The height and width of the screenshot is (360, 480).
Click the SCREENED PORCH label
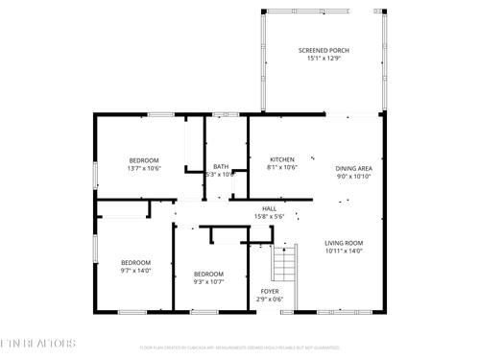[323, 49]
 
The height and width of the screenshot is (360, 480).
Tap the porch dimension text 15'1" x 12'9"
[323, 58]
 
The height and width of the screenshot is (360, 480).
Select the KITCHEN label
[281, 159]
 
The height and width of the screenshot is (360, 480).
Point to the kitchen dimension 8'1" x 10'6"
[281, 168]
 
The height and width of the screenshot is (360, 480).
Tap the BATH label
[221, 166]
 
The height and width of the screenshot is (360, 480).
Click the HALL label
[269, 208]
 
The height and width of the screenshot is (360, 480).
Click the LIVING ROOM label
[343, 243]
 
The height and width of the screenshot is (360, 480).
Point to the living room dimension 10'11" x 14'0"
[343, 252]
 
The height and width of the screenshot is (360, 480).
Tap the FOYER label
[270, 291]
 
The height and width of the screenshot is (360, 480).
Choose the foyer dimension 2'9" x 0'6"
[270, 300]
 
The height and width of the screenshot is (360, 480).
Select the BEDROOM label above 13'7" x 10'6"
[144, 159]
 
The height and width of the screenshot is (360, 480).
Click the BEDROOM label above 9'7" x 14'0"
[135, 262]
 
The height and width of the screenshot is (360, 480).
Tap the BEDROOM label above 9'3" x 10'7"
[208, 274]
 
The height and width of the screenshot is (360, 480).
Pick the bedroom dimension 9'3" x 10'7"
[208, 282]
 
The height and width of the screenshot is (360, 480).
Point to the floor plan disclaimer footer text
[240, 348]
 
